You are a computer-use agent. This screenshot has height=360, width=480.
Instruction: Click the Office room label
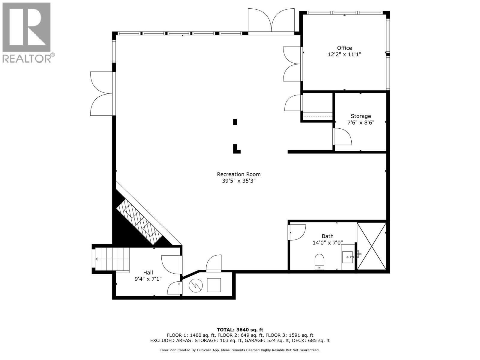click(x=344, y=48)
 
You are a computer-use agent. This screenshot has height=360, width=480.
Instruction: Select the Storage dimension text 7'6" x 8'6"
click(x=361, y=122)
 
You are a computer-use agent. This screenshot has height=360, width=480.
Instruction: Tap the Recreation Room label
click(x=239, y=174)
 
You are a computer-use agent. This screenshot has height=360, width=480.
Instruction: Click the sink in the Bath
click(x=348, y=257)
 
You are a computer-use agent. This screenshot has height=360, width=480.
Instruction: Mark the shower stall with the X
click(x=371, y=246)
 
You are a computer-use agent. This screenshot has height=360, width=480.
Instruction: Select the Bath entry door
click(x=297, y=232)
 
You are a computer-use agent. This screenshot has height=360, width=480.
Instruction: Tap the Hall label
click(x=148, y=272)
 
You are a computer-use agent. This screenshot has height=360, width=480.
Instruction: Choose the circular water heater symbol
click(x=196, y=285)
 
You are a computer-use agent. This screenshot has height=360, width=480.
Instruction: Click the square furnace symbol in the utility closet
click(x=214, y=285)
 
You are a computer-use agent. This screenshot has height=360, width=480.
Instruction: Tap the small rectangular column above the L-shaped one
click(x=235, y=122)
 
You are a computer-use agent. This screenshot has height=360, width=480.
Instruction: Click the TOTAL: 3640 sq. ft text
click(x=240, y=330)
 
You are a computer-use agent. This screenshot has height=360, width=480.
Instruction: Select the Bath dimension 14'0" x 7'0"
click(x=327, y=243)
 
